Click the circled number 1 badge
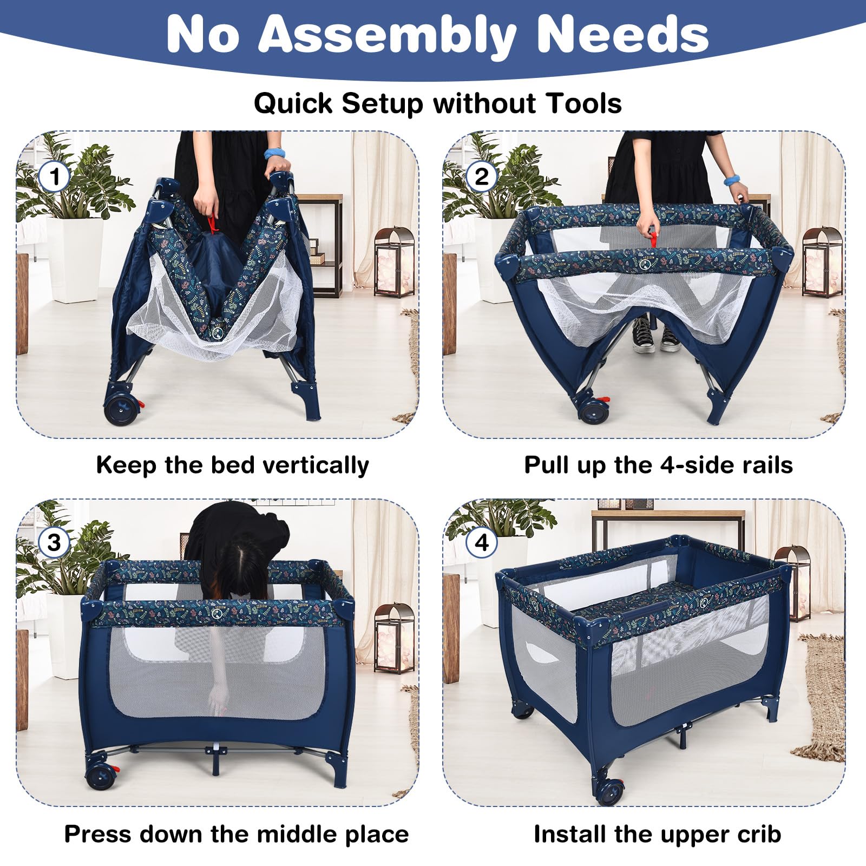54,177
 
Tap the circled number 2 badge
481,177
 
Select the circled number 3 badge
54,542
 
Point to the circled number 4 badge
481,542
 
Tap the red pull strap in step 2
654,238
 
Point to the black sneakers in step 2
656,336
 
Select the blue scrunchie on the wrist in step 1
274,153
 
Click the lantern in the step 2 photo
822,262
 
